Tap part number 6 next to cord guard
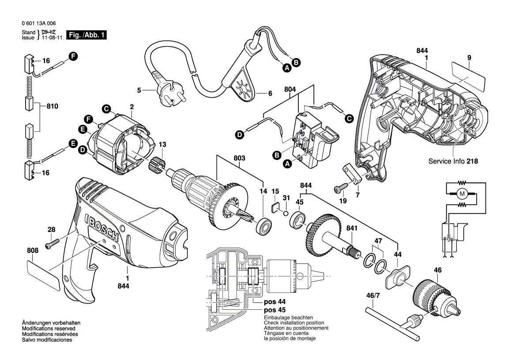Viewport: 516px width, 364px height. pyautogui.click(x=270, y=93)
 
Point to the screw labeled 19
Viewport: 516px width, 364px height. pyautogui.click(x=340, y=189)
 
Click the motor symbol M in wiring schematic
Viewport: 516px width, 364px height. pyautogui.click(x=462, y=193)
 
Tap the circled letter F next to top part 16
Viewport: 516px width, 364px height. pyautogui.click(x=72, y=56)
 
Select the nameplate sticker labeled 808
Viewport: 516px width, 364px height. pyautogui.click(x=43, y=275)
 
